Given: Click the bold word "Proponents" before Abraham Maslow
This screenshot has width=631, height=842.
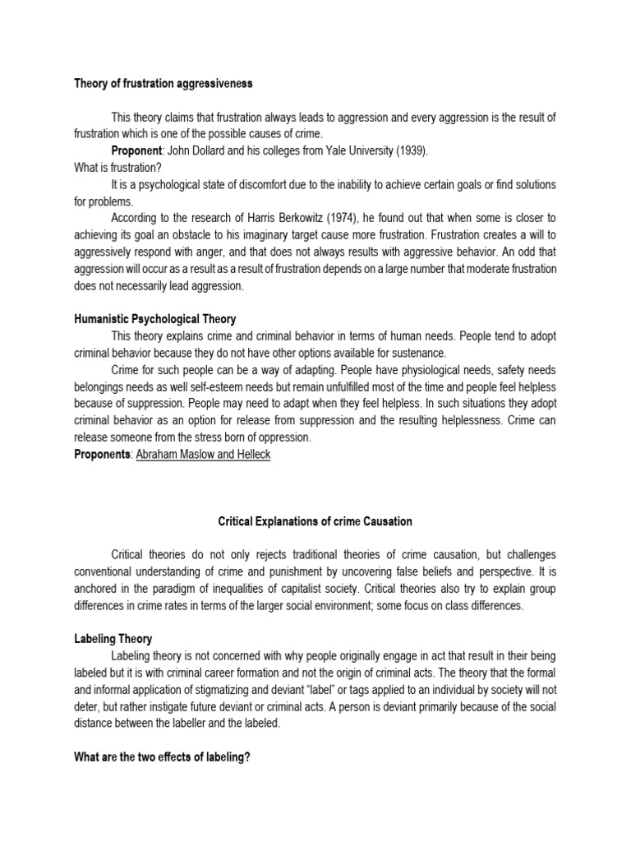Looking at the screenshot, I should (x=102, y=455).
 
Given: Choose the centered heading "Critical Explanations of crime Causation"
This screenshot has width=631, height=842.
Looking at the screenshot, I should (x=315, y=521).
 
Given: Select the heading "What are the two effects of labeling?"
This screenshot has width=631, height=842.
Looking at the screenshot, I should (x=161, y=756).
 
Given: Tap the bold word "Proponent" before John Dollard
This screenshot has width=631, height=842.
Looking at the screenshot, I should (x=138, y=153).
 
